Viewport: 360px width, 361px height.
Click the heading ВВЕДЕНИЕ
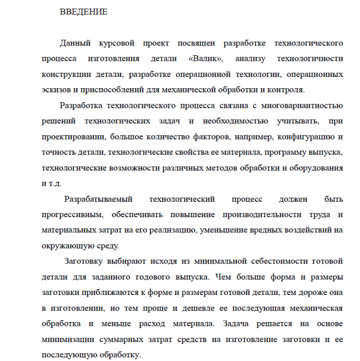[x=83, y=11]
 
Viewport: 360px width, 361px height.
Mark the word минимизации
[x=71, y=340]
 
